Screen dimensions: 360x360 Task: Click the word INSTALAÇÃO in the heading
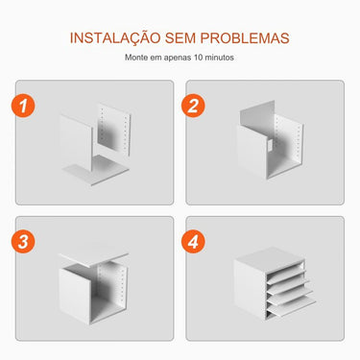[x=113, y=37]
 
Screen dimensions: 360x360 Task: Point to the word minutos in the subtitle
[x=220, y=58]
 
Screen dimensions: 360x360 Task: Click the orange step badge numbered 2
[x=195, y=107]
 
